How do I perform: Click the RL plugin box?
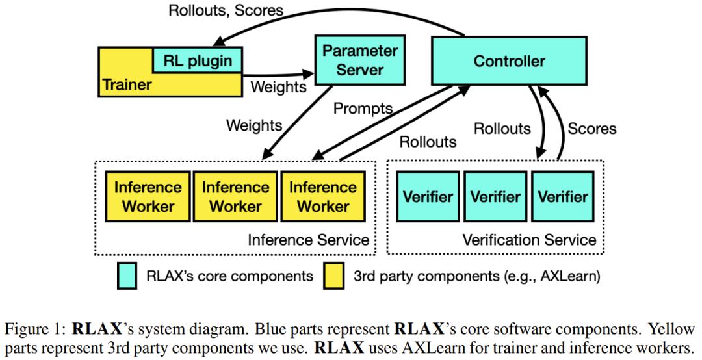[197, 62]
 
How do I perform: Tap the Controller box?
[510, 62]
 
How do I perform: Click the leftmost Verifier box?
[424, 197]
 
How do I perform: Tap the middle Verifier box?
[496, 197]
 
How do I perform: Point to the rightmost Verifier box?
[564, 197]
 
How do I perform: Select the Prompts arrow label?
[363, 109]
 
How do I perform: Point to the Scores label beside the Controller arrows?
[592, 129]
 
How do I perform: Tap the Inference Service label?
[309, 240]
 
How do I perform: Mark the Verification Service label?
[529, 240]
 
